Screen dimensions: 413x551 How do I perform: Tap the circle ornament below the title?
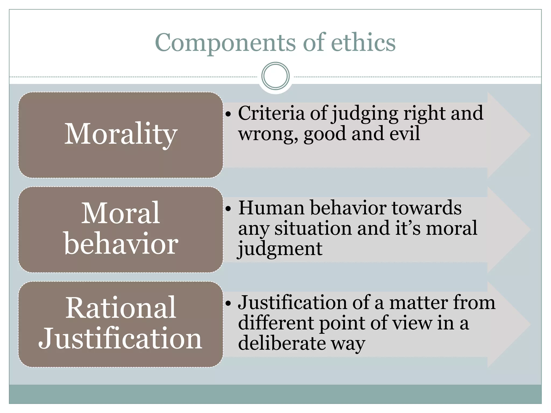point(275,76)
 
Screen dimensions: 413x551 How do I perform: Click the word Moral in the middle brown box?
point(121,213)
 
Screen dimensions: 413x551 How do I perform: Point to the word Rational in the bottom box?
point(121,308)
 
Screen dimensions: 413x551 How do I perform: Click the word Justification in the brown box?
point(120,339)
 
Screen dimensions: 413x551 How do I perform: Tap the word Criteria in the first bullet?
point(271,113)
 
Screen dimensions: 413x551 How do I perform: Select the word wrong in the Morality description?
point(268,134)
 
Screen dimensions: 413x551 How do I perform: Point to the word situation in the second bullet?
point(313,228)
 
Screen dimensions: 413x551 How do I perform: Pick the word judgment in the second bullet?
point(280,249)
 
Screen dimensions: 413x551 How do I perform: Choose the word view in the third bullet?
point(412,323)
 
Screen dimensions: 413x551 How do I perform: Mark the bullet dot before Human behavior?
point(228,209)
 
